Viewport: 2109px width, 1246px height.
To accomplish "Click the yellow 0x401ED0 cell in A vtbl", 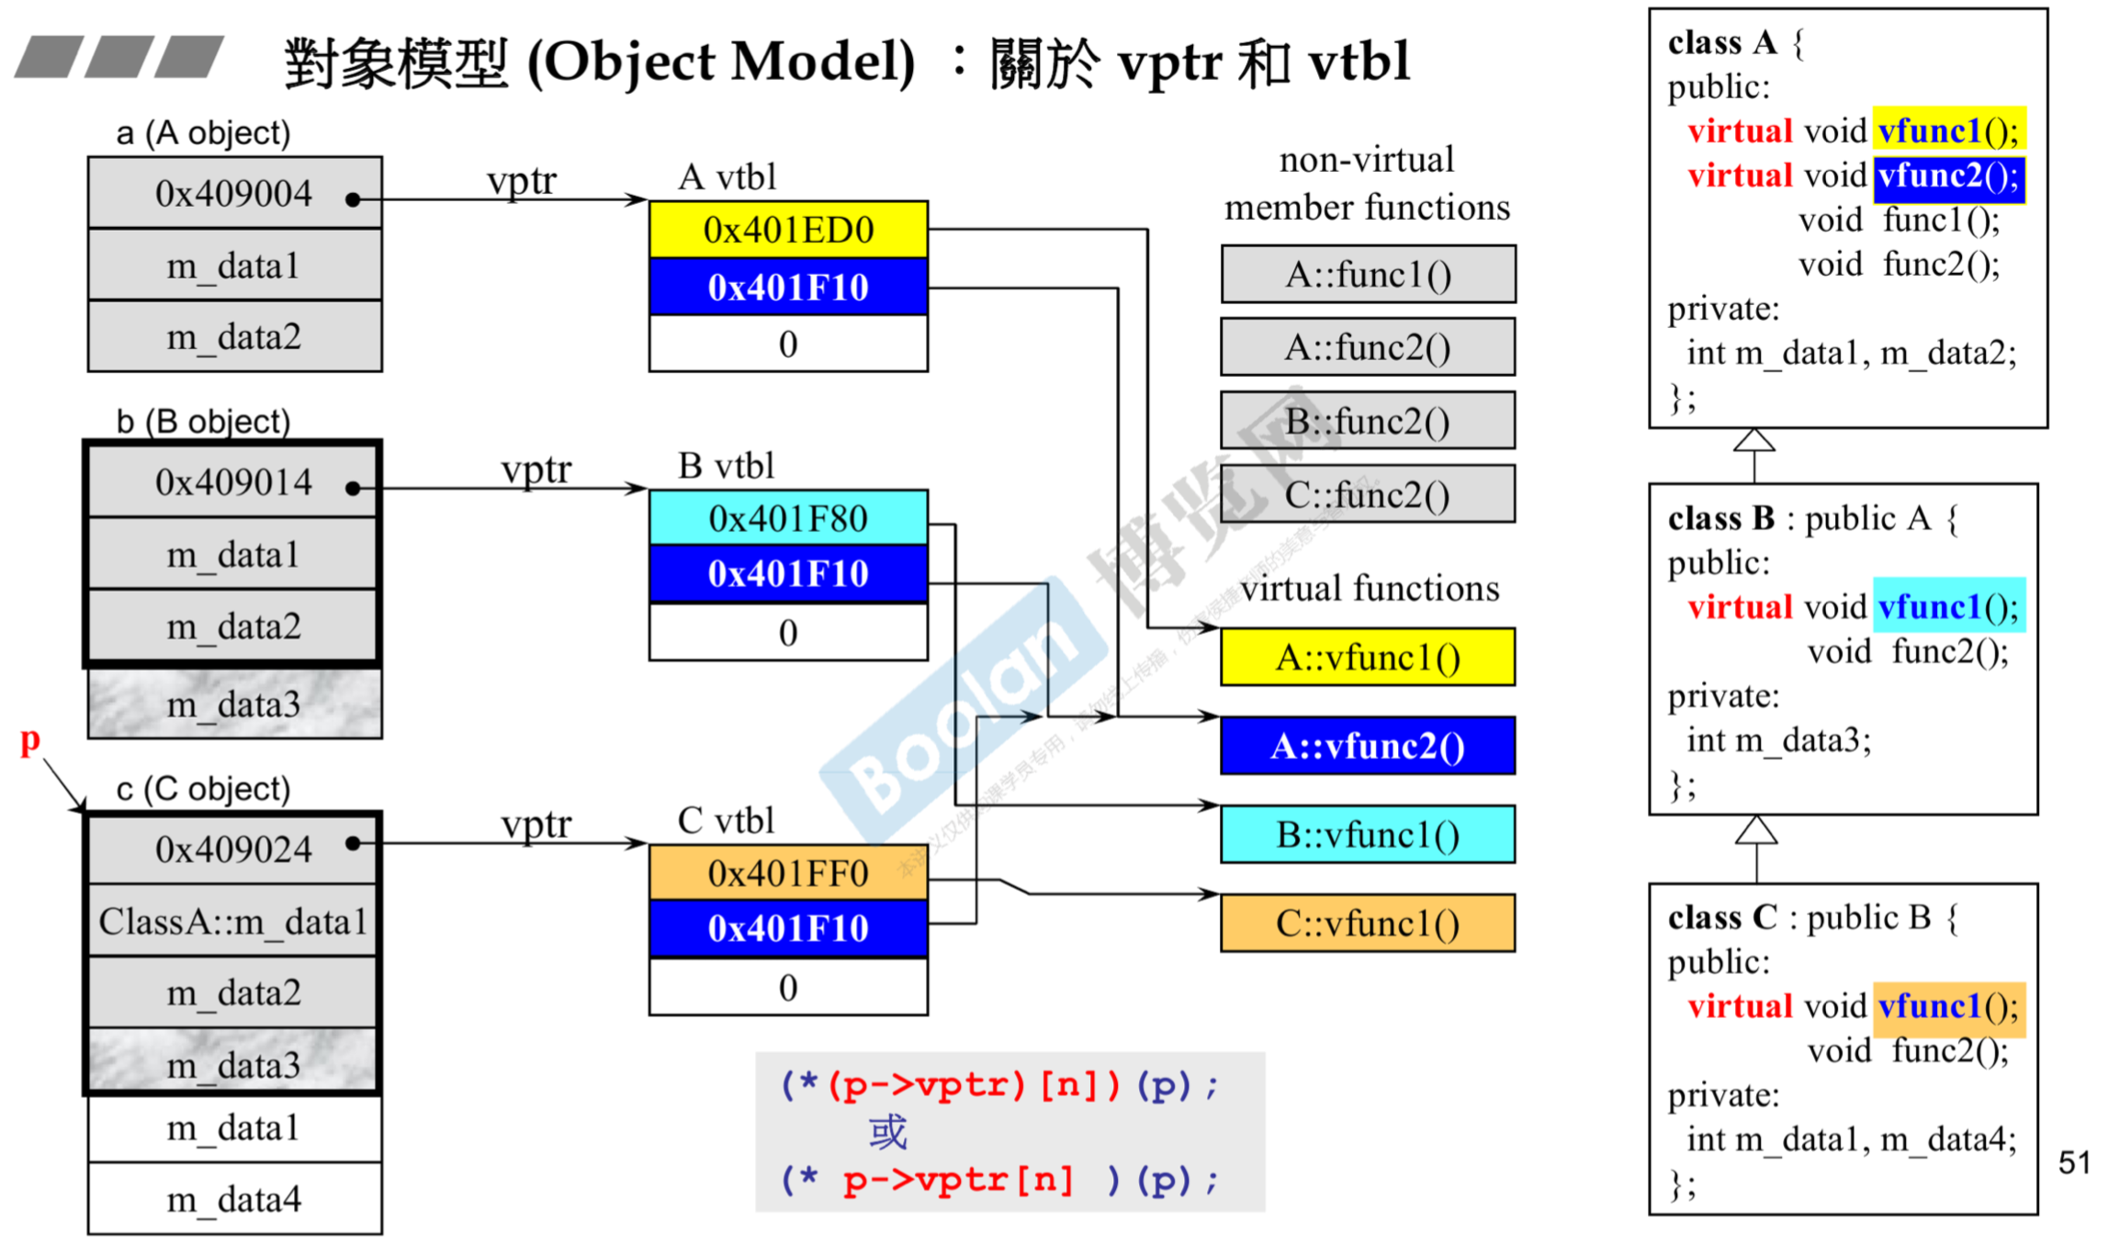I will point(788,230).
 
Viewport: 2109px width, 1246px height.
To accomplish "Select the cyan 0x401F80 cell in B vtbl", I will point(788,519).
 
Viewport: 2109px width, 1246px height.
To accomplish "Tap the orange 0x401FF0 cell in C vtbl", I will point(788,873).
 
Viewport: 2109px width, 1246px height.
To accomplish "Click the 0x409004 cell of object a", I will point(234,194).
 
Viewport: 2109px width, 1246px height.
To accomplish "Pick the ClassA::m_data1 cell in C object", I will point(233,922).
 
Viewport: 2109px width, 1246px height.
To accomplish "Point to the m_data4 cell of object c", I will point(234,1199).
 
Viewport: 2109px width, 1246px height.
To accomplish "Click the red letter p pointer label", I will point(30,740).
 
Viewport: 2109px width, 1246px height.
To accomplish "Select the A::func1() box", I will point(1368,275).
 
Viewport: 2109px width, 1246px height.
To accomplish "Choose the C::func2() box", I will point(1368,495).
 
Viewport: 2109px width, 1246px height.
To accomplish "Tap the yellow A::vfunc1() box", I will point(1368,658).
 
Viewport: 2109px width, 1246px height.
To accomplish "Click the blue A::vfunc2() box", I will point(1368,746).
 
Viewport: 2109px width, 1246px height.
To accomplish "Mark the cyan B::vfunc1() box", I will point(1368,835).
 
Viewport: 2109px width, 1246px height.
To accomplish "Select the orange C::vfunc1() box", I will point(1368,923).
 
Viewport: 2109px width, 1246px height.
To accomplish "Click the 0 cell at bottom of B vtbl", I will point(788,633).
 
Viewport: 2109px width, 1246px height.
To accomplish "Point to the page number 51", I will point(2073,1162).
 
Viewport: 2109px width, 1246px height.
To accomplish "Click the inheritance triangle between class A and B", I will point(1754,442).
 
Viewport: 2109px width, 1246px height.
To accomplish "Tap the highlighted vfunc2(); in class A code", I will point(1948,176).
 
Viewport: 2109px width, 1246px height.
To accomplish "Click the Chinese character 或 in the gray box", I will point(887,1133).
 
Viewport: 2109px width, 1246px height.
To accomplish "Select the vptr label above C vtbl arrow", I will point(536,824).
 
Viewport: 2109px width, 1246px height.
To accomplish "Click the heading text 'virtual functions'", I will point(1370,588).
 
